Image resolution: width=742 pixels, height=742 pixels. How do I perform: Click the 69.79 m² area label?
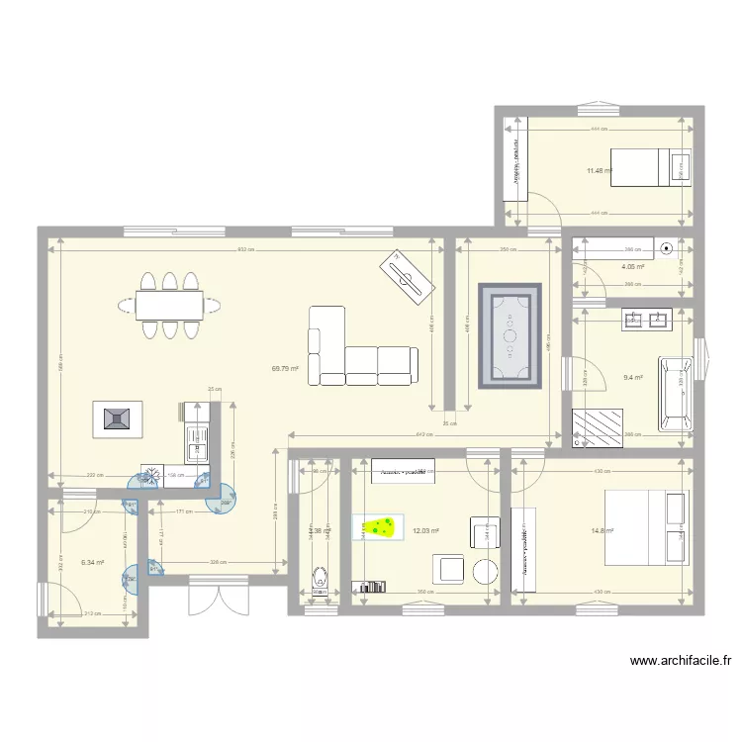coord(285,368)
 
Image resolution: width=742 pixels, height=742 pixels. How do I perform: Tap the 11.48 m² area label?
coord(599,171)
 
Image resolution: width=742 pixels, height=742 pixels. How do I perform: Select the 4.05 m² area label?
coord(632,266)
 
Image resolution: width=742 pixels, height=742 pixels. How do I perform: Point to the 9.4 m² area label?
coord(632,377)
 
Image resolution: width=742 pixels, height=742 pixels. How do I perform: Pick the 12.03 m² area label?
coord(425,530)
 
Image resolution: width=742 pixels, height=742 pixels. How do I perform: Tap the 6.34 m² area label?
coord(93,562)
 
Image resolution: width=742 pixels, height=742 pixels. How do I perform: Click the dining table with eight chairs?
coord(169,304)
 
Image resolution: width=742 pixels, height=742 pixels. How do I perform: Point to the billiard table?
coord(510,337)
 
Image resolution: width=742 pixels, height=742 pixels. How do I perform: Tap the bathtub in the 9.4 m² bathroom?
coord(676,383)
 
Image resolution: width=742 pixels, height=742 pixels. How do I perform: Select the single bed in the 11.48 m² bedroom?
coord(649,169)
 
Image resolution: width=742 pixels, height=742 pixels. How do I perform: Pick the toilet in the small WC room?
coord(320,577)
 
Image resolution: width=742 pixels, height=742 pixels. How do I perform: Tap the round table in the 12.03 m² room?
coord(485,571)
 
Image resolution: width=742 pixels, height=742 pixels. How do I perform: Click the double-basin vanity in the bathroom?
coord(646,319)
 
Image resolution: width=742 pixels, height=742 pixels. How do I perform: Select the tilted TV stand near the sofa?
coord(409,274)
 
